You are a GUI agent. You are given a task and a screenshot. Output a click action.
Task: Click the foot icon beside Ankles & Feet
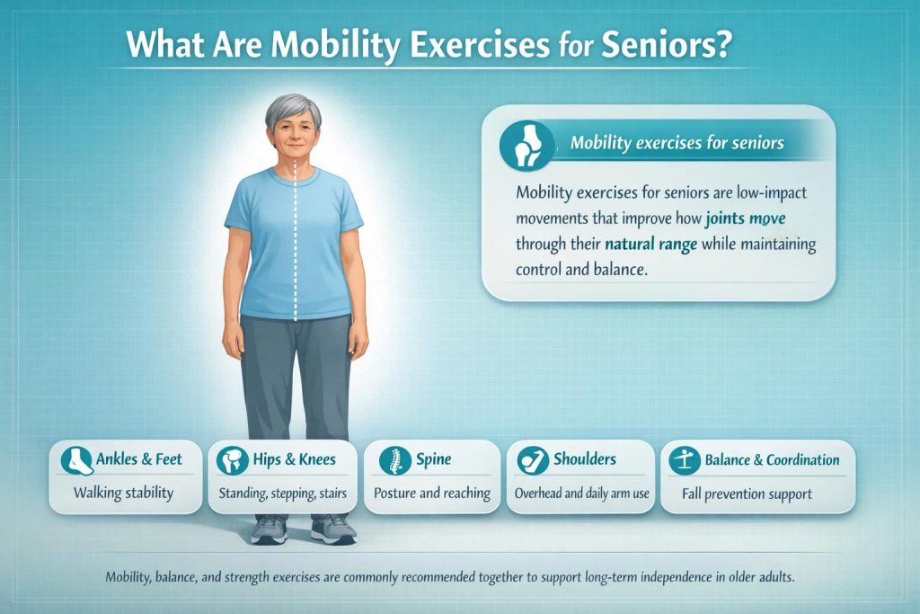[76, 461]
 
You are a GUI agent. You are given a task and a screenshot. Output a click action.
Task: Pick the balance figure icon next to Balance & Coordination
[686, 461]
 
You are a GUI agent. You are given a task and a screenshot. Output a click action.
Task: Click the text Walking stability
[124, 493]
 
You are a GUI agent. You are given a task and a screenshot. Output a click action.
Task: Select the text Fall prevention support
[758, 493]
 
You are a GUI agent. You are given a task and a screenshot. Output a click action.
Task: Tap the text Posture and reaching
[431, 493]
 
